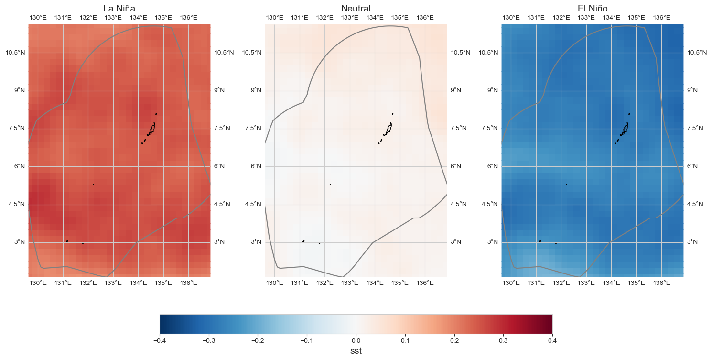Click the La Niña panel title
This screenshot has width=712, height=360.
(119, 8)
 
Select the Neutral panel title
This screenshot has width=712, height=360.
(356, 8)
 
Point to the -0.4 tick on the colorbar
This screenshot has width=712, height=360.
(160, 341)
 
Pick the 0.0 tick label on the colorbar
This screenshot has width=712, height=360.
(356, 341)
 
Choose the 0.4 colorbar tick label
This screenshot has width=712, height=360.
(552, 341)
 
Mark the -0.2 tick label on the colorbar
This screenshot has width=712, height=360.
(258, 341)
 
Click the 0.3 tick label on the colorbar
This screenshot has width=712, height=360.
(503, 341)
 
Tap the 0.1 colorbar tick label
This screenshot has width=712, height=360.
(405, 341)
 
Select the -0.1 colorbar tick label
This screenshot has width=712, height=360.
(306, 341)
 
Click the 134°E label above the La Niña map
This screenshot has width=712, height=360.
(139, 18)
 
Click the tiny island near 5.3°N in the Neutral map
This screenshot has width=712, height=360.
(330, 184)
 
